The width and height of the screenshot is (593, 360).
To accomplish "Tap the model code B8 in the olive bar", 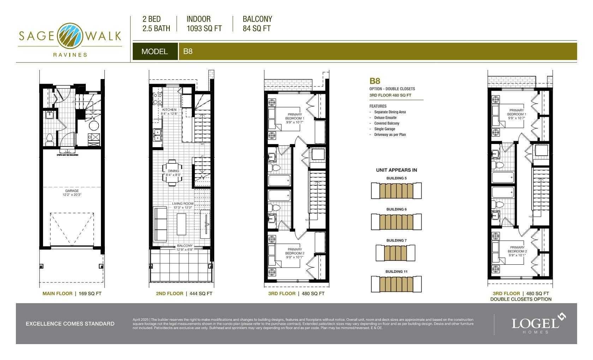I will [188, 51].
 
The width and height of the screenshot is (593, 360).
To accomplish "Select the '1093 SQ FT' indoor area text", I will [204, 29].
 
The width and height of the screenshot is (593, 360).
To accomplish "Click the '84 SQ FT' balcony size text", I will [257, 29].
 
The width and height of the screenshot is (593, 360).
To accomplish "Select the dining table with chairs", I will [173, 173].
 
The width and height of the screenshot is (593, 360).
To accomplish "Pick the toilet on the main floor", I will [49, 139].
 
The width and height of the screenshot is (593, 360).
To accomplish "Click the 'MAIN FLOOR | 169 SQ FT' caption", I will [72, 294].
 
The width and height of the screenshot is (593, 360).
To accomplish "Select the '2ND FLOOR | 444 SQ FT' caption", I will [184, 294].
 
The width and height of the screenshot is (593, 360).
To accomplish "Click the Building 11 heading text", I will [396, 271].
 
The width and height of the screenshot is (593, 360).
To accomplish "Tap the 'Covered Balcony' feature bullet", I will [387, 123].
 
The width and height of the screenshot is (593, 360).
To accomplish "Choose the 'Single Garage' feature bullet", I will [385, 129].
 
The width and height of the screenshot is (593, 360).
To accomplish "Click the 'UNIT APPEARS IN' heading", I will [396, 170].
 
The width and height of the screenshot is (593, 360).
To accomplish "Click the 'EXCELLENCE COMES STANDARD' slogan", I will [70, 324].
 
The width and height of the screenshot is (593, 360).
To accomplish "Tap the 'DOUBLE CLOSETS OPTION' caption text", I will [521, 299].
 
